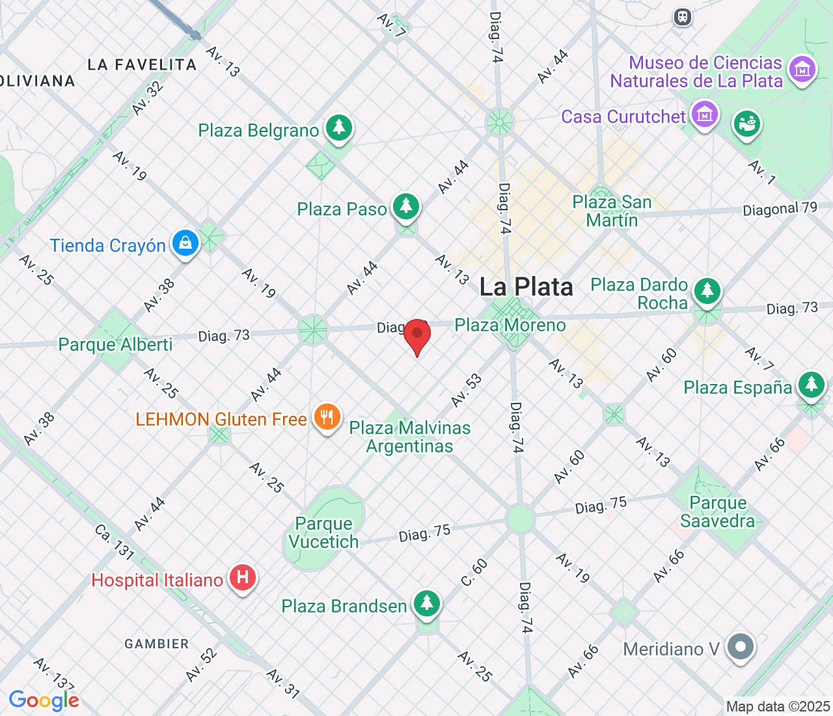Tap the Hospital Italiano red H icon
[x=243, y=577]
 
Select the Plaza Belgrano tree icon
[x=339, y=127]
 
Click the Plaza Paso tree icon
[x=407, y=206]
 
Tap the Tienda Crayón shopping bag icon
[x=185, y=243]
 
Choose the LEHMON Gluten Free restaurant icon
[x=327, y=417]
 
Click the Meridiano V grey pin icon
[x=741, y=647]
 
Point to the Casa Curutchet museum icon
[x=704, y=115]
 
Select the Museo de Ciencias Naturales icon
[x=802, y=69]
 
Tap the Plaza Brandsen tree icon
[x=427, y=603]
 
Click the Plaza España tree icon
[x=811, y=385]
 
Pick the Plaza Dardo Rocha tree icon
[x=707, y=290]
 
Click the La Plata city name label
[x=526, y=287]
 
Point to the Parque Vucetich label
[x=323, y=532]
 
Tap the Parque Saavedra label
[x=718, y=512]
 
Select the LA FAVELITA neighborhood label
[x=142, y=64]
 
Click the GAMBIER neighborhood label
[x=157, y=644]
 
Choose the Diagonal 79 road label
[x=780, y=210]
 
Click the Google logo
[x=44, y=700]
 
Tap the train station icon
[x=682, y=17]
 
